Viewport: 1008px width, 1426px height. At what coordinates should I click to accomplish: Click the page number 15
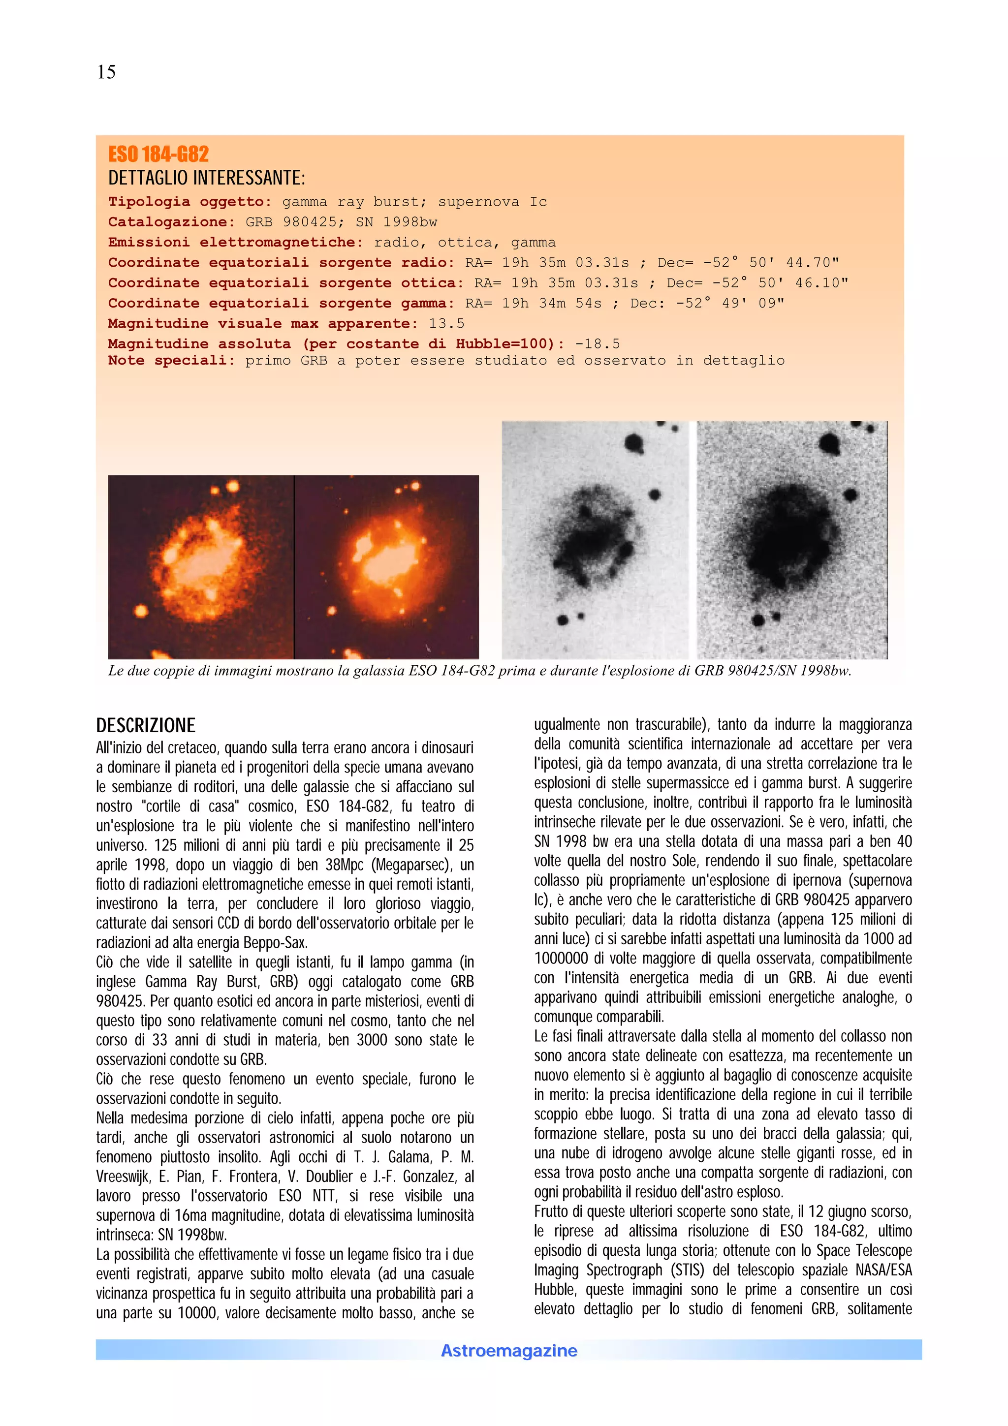click(106, 72)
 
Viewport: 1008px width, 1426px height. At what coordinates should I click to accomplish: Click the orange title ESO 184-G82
click(158, 154)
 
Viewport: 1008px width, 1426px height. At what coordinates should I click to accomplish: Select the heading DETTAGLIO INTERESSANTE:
click(207, 178)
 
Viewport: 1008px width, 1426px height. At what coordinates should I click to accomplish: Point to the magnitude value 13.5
click(446, 324)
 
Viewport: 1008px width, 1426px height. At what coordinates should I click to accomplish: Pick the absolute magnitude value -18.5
click(597, 344)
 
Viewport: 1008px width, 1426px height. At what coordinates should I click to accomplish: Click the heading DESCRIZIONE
click(145, 725)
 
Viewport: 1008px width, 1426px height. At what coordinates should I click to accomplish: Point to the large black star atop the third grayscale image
click(633, 443)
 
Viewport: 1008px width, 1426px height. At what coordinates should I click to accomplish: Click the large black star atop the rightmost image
click(830, 443)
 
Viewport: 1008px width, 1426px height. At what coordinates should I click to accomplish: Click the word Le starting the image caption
click(116, 671)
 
